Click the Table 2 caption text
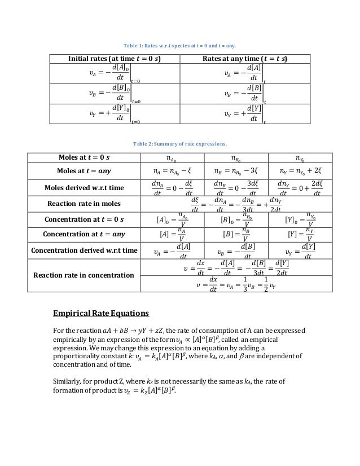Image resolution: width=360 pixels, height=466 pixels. click(x=179, y=143)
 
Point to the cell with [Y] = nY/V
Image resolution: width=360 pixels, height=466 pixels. click(x=299, y=234)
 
